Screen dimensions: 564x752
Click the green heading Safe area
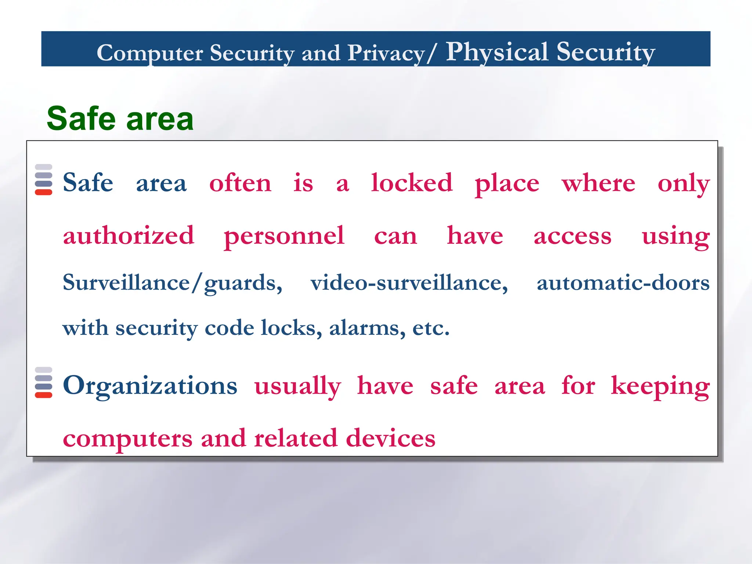120,119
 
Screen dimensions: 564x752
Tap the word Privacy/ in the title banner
392,53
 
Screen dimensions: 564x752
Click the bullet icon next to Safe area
43,180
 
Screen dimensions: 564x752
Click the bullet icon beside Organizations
43,382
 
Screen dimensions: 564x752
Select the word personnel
284,236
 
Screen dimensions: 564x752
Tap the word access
572,236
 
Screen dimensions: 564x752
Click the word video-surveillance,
409,283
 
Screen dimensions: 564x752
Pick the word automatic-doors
623,283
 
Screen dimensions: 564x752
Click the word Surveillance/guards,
172,283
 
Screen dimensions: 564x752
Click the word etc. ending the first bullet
431,328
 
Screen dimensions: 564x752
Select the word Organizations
150,386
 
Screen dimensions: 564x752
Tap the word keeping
660,387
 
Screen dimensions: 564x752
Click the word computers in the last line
127,439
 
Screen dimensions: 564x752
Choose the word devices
390,438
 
